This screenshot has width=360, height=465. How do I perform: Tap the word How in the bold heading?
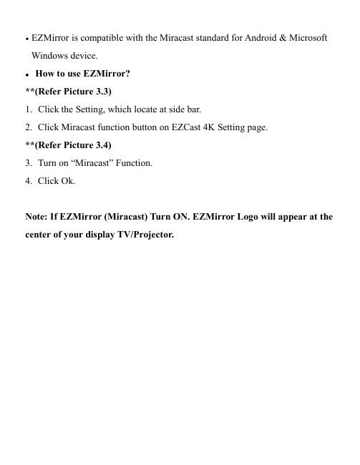point(46,73)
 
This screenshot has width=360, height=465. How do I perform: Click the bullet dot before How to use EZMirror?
point(27,74)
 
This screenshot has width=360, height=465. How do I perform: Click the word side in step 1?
point(169,109)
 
